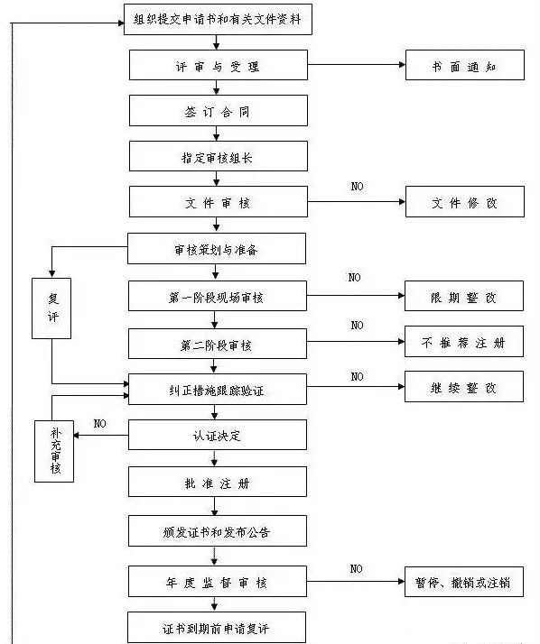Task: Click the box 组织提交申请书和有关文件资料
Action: click(218, 19)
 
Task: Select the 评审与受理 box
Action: click(219, 65)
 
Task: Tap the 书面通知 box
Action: click(465, 65)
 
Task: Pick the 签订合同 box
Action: click(219, 110)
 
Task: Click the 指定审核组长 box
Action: click(219, 156)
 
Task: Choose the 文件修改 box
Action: click(465, 202)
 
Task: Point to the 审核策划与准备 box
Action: click(217, 248)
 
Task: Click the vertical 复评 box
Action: click(51, 308)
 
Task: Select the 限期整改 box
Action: click(464, 296)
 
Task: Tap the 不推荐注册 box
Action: click(464, 341)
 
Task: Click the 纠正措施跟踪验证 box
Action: click(218, 390)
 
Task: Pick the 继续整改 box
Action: click(464, 386)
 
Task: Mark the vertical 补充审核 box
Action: click(54, 451)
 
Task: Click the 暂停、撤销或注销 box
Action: click(464, 582)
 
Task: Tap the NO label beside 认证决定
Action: click(100, 423)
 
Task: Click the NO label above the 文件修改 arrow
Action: click(357, 187)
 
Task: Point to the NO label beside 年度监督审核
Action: click(356, 569)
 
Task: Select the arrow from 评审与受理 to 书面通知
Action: click(357, 64)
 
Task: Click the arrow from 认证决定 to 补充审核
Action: click(101, 436)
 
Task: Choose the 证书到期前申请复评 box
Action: click(217, 627)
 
